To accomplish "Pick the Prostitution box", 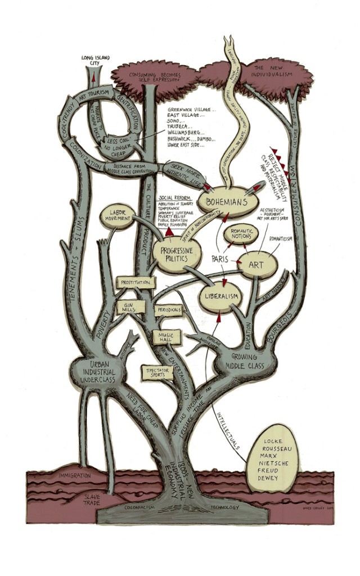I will point(134,282).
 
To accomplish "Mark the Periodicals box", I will point(169,310).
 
